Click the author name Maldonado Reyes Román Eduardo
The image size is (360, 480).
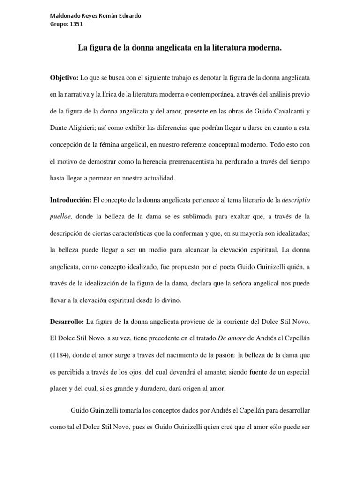[95, 16]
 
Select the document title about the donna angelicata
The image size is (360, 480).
[180, 48]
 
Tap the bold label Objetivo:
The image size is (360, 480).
[65, 76]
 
